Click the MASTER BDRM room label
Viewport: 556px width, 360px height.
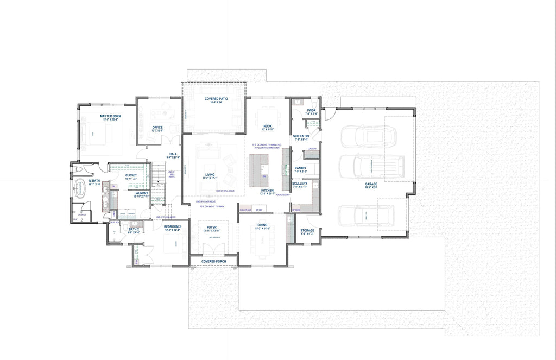(x=109, y=116)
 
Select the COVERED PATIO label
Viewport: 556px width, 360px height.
(x=216, y=99)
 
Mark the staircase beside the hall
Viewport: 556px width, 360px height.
(x=157, y=176)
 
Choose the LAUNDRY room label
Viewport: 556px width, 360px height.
(x=142, y=193)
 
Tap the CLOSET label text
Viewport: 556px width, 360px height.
(x=131, y=175)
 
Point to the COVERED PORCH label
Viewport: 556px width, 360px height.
(x=213, y=261)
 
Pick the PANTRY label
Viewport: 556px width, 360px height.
(x=300, y=168)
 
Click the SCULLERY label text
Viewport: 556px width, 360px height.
(x=300, y=184)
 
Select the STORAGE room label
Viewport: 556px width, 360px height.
(x=307, y=230)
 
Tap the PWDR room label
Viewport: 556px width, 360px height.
(x=311, y=110)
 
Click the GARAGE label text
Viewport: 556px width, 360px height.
(x=371, y=184)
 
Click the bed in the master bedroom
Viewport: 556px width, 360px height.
(x=93, y=134)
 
